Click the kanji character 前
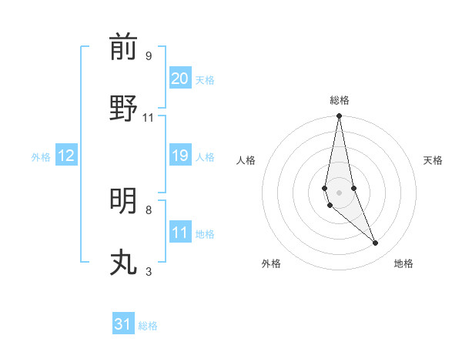point(123,47)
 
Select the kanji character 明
point(123,201)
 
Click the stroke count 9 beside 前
point(148,55)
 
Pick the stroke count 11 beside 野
point(148,117)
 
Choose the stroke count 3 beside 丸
point(148,271)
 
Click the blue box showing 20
point(180,79)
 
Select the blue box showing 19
point(180,156)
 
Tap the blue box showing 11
point(180,233)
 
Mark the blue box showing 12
point(66,156)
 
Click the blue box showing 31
point(123,324)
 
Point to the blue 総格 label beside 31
point(148,326)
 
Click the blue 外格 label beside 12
point(41,157)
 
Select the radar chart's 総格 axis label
point(340,100)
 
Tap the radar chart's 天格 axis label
point(434,160)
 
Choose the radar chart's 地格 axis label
point(403,264)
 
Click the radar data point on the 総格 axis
point(339,116)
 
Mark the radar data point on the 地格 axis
point(376,243)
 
